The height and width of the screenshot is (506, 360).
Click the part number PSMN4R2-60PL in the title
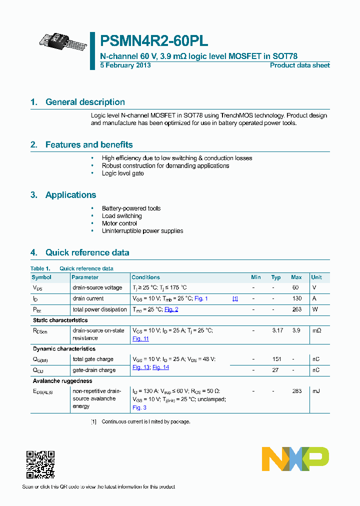coord(154,41)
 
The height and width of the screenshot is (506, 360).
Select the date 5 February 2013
coord(125,65)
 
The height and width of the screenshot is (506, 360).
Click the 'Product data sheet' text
coord(299,65)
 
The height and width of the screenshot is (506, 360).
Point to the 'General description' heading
coord(85,102)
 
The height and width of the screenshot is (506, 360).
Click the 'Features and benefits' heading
coord(89,145)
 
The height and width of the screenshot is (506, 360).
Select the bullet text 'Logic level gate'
coord(122,173)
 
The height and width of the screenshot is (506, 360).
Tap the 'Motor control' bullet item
coord(119,223)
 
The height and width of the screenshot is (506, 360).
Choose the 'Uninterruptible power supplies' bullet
coord(142,231)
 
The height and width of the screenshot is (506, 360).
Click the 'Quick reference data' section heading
coord(87,252)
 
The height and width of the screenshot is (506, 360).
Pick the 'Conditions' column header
coord(145,277)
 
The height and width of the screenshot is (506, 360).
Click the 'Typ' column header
coord(276,277)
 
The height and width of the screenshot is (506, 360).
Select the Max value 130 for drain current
coord(296,298)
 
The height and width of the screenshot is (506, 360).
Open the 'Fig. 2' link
coord(171,309)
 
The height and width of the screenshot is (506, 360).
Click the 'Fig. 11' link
coord(140,339)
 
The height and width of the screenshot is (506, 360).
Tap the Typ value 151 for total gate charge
coord(276,359)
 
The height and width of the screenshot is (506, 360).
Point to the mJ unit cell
coord(315,391)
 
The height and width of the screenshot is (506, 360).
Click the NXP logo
coord(295,459)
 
